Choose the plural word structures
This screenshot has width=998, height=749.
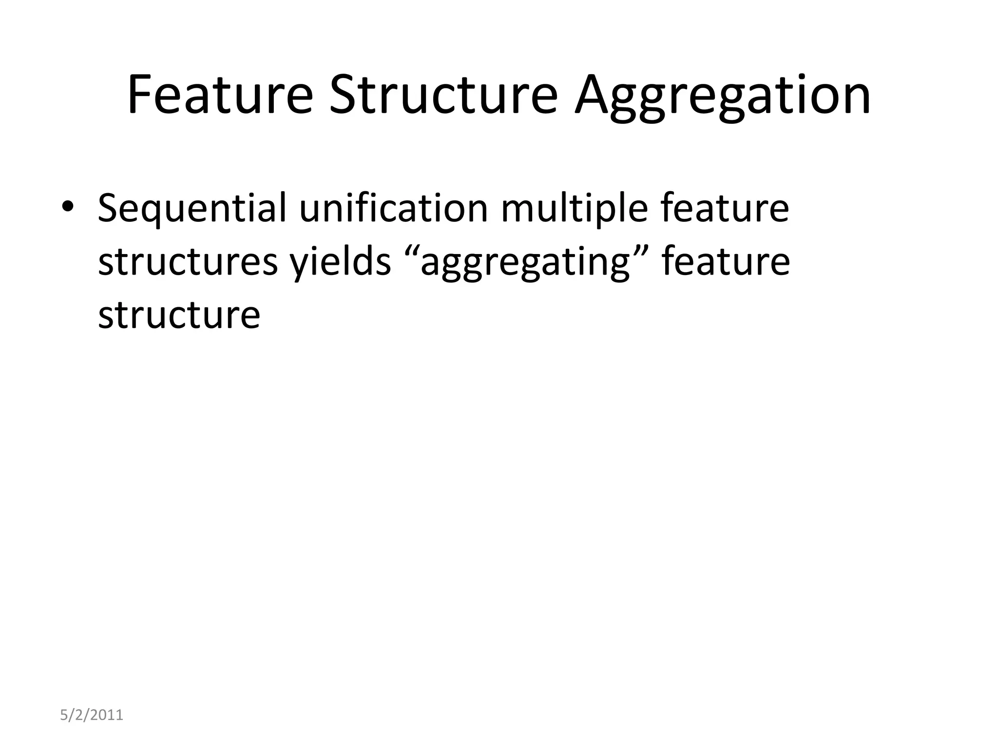point(188,262)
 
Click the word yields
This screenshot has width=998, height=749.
point(341,262)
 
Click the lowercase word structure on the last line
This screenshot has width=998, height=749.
point(179,315)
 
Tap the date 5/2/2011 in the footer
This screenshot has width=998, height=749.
point(92,715)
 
